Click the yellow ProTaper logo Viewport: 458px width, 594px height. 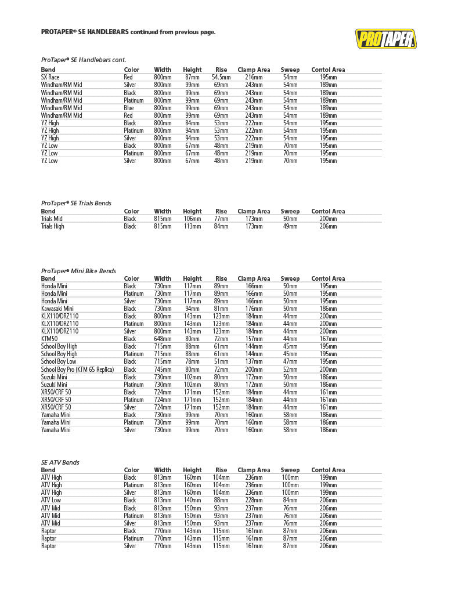point(385,39)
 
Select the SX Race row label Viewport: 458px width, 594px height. point(50,77)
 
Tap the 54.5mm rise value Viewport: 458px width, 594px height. point(221,77)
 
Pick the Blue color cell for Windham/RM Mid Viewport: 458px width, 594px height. point(129,108)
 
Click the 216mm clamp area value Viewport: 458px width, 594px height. point(254,77)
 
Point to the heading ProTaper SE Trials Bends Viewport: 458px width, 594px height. point(76,204)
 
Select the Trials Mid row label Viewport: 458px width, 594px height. point(52,219)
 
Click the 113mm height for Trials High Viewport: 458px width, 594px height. point(192,226)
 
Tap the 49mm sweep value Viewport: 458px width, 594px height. point(290,226)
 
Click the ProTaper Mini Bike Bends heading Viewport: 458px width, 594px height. point(78,271)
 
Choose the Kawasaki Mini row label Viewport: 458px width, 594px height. point(56,309)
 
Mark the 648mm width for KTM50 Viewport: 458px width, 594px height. point(163,339)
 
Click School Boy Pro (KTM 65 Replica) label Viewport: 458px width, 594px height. point(77,370)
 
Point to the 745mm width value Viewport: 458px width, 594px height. point(163,370)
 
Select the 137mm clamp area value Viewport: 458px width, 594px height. point(254,361)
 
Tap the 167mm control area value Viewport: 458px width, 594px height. point(328,339)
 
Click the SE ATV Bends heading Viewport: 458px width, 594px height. point(60,462)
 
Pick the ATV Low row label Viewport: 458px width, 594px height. point(51,500)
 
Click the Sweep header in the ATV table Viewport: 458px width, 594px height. point(290,470)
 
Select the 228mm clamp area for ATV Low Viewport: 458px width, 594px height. point(254,500)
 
